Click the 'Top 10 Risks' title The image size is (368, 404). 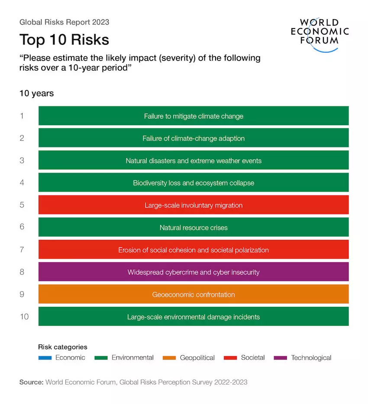(64, 40)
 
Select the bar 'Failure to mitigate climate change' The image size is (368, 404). (194, 116)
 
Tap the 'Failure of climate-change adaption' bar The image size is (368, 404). (194, 138)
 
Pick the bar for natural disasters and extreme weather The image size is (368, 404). (194, 161)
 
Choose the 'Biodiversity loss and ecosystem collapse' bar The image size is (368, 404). (194, 183)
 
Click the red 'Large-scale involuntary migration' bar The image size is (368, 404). (194, 205)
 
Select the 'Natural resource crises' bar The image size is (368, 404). (194, 228)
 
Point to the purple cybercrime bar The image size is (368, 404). (194, 272)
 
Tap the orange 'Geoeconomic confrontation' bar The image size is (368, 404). (194, 295)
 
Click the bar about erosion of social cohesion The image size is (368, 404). (194, 250)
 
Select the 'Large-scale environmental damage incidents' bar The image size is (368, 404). (194, 317)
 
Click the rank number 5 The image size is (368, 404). (22, 205)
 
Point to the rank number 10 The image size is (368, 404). (24, 316)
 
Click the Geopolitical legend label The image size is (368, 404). (197, 358)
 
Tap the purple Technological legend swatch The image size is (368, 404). (281, 358)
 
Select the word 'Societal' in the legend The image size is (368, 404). (253, 358)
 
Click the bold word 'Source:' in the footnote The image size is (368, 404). (31, 382)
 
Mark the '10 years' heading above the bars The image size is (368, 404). (36, 93)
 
